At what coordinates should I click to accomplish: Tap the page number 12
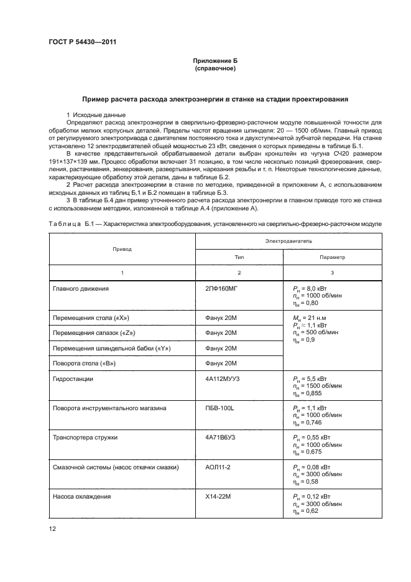click(52, 528)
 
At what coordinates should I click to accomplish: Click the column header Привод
click(122, 248)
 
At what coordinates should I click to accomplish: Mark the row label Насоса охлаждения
click(82, 497)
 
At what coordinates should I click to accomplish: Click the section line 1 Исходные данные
click(96, 116)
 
